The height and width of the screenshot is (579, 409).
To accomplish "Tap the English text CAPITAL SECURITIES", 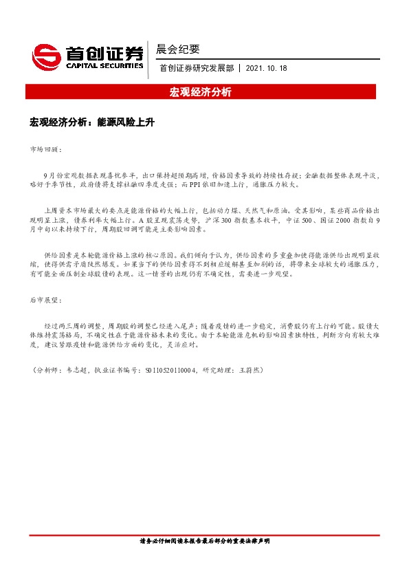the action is pos(104,66).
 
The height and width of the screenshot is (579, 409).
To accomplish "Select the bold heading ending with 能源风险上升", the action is pos(93,122).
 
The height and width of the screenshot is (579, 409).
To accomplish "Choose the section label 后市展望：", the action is pos(45,301).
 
